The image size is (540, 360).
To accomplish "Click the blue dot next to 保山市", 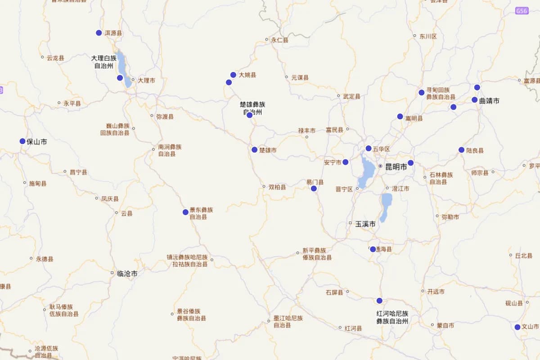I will coord(22,141).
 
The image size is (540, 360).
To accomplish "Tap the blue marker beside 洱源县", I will coord(99,33).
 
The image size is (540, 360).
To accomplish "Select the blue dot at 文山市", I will coord(517,327).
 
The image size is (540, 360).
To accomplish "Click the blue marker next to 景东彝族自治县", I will coord(185,212).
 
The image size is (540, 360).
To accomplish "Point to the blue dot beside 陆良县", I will coord(461,150).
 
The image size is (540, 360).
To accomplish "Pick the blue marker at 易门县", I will coord(314,189).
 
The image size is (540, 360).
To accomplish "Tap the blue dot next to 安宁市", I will coord(346,162).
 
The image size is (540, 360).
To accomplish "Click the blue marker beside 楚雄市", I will coord(255,150).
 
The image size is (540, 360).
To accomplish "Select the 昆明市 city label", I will coord(396,167).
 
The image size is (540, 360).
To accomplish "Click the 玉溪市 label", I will coord(365,224).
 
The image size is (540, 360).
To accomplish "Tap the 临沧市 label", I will coord(127,273).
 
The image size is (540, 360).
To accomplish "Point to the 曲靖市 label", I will coord(489,101).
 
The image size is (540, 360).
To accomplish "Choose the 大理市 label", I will coord(146,81).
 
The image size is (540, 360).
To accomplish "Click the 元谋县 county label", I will coord(300,78).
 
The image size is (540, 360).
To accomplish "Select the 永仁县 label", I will coord(279,40).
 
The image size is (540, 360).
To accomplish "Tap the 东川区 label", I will coord(428,36).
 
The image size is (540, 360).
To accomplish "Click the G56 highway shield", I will coord(522,11).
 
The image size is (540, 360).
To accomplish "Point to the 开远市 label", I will coord(436,292).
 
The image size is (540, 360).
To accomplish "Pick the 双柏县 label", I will coord(277,187).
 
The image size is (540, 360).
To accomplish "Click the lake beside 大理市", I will coord(122,67).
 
